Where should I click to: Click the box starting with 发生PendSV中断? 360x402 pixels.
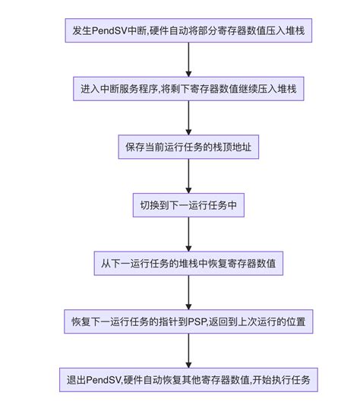188,30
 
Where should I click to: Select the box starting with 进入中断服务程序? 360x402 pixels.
188,89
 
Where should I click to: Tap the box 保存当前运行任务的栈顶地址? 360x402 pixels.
188,147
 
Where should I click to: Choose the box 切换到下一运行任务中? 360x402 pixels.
188,205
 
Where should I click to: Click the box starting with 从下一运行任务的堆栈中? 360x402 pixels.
188,263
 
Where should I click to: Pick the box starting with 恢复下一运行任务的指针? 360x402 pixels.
188,321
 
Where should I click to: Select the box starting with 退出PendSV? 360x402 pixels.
188,380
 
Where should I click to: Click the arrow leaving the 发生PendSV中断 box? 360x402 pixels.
188,59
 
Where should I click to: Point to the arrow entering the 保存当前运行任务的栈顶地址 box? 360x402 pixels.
188,118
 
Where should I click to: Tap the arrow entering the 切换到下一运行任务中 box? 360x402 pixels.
188,176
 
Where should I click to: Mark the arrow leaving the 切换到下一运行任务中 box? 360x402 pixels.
188,234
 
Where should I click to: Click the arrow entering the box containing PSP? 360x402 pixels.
188,293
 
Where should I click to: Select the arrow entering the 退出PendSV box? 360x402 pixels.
188,351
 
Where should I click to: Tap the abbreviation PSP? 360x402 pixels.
197,321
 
